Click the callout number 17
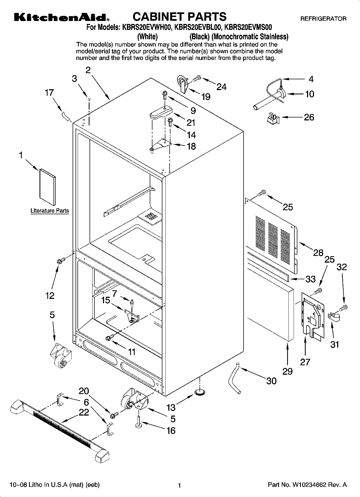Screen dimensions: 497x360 [x=49, y=93]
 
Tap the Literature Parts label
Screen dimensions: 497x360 [x=49, y=211]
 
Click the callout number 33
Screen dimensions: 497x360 [x=310, y=279]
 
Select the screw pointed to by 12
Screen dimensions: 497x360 [x=61, y=260]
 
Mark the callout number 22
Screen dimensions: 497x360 [x=84, y=412]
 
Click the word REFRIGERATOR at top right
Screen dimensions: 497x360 [x=323, y=19]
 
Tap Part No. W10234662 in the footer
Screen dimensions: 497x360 [x=307, y=485]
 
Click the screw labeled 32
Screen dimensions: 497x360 [x=343, y=307]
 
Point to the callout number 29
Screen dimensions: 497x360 [x=287, y=371]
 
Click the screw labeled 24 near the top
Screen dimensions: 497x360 [x=197, y=78]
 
